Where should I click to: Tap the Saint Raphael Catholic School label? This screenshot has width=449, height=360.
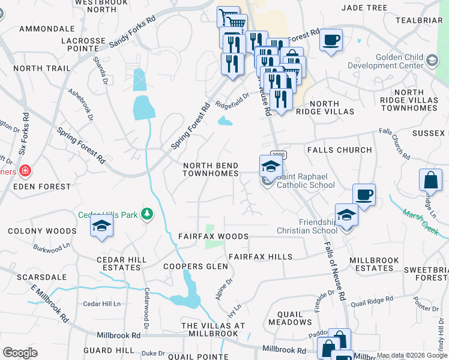306,181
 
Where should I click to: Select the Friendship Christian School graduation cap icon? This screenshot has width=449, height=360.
346,215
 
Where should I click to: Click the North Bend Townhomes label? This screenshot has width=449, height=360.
211,169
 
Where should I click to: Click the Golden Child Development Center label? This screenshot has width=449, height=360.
408,61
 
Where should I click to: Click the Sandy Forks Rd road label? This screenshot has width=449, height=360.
133,28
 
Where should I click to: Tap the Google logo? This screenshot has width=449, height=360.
20,353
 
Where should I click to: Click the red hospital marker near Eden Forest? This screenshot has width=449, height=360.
25,171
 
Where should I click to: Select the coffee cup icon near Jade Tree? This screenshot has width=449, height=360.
331,40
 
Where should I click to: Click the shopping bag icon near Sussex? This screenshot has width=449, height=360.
430,180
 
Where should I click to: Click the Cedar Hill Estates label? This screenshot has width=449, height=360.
122,264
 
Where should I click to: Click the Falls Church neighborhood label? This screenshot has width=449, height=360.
339,150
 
